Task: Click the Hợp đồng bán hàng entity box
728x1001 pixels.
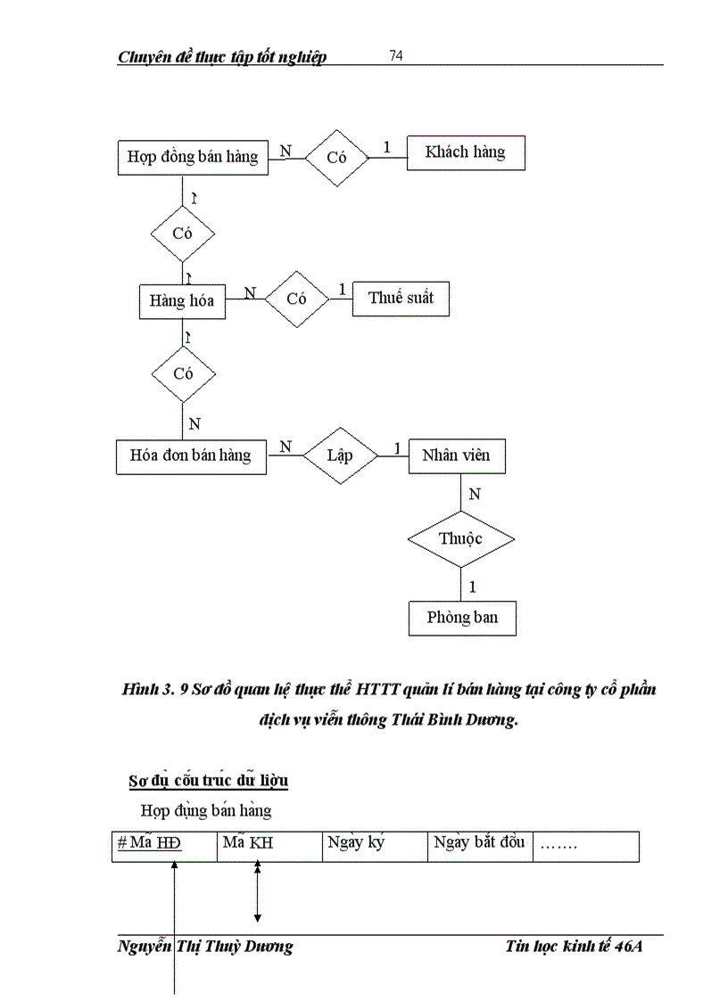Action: point(193,157)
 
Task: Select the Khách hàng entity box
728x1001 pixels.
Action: point(465,152)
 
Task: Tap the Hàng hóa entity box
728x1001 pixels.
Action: point(182,301)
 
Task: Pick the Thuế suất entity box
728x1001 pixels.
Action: point(401,298)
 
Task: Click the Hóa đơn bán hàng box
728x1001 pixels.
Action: point(191,455)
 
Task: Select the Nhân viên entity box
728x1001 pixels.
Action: point(456,455)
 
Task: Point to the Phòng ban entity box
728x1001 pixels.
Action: point(462,618)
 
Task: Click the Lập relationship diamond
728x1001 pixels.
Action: point(339,455)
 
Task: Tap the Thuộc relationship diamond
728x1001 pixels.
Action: point(460,539)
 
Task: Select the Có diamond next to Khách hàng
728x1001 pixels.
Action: point(336,158)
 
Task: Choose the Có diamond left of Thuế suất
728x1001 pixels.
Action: point(297,299)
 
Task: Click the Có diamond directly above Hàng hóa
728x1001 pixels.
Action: point(182,234)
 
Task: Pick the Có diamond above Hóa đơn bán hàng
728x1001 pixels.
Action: point(183,373)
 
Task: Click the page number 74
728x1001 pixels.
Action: point(396,56)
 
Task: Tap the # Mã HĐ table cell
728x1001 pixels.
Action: point(164,846)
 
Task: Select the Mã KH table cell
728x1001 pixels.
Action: point(269,846)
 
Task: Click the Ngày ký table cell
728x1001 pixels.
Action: point(374,846)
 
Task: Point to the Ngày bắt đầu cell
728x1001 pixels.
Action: point(479,846)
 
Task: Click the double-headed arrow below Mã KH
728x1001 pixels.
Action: point(257,891)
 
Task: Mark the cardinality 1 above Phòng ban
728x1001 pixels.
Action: point(472,587)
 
